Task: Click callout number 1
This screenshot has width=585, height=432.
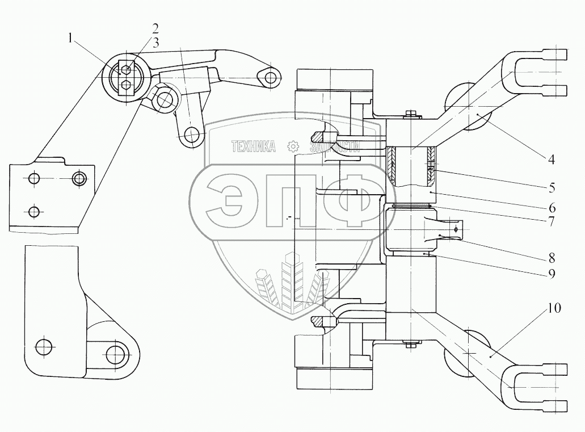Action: (x=70, y=39)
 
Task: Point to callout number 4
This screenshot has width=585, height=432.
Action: (x=551, y=160)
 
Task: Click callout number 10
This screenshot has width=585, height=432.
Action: (x=554, y=309)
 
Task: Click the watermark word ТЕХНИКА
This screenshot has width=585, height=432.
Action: (x=253, y=148)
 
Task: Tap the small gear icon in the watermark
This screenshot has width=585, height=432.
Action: (x=293, y=147)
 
